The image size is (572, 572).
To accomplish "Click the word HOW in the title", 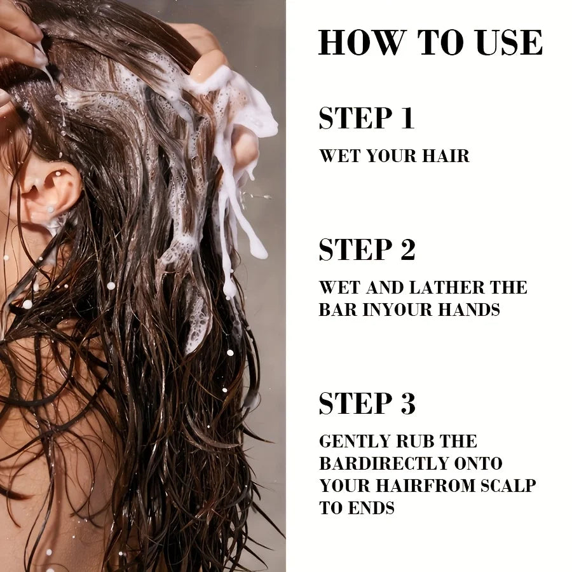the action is pyautogui.click(x=364, y=43).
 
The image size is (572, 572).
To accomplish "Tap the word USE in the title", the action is pyautogui.click(x=509, y=43).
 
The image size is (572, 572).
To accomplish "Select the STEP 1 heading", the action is pyautogui.click(x=367, y=118).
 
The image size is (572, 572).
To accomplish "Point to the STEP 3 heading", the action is pyautogui.click(x=367, y=403).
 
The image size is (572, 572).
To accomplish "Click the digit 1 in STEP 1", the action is pyautogui.click(x=407, y=118).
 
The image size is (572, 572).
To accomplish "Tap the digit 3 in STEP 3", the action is pyautogui.click(x=408, y=403).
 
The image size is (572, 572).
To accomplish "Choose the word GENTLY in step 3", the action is pyautogui.click(x=354, y=442).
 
